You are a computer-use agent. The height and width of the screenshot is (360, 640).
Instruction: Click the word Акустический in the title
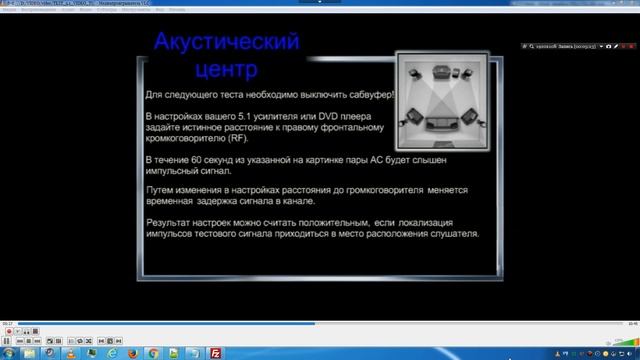tap(227, 43)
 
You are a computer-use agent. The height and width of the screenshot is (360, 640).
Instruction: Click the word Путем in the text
tap(159, 188)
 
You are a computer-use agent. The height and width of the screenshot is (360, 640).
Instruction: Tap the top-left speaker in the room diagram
tap(414, 73)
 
